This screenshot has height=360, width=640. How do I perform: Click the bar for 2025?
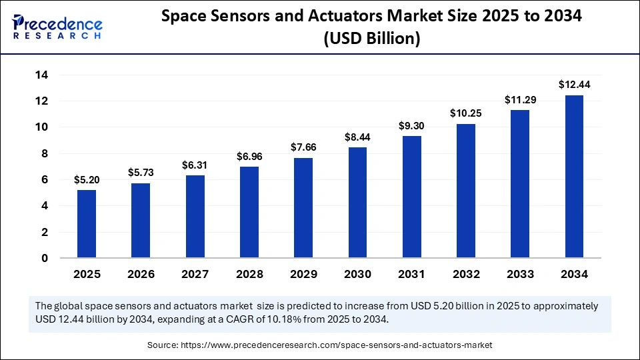point(87,224)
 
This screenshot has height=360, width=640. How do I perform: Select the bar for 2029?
point(303,208)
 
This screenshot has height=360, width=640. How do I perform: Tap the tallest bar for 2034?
point(574,177)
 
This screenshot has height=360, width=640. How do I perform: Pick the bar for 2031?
point(412,197)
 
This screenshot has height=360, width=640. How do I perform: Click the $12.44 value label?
point(574,85)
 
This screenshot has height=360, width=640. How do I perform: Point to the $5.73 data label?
point(141,173)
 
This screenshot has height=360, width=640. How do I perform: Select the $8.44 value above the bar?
point(357,137)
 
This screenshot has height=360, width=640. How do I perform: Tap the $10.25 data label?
point(466,113)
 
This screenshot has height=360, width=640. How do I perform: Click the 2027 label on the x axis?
point(195,274)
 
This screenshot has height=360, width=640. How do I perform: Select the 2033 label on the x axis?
point(520,274)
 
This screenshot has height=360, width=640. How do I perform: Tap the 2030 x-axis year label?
point(357,274)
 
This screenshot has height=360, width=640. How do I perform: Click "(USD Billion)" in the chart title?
point(371,39)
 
